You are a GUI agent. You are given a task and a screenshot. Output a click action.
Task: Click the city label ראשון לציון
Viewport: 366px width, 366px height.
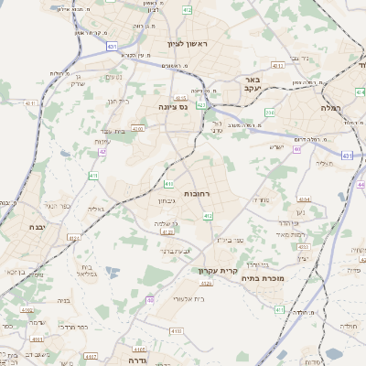coord(188,44)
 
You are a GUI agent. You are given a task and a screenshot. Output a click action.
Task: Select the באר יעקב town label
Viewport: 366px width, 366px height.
coord(253,85)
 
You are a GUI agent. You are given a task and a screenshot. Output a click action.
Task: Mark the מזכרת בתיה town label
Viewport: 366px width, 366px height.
coord(266,278)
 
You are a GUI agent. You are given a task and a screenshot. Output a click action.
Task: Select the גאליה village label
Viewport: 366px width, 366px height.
coord(96,210)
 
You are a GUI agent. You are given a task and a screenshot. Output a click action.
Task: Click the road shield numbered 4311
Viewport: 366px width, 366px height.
coord(348,156)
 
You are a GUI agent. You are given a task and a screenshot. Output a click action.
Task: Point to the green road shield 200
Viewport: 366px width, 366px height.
coord(270,113)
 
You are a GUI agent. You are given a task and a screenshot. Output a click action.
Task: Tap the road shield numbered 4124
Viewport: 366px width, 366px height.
coord(205,285)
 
